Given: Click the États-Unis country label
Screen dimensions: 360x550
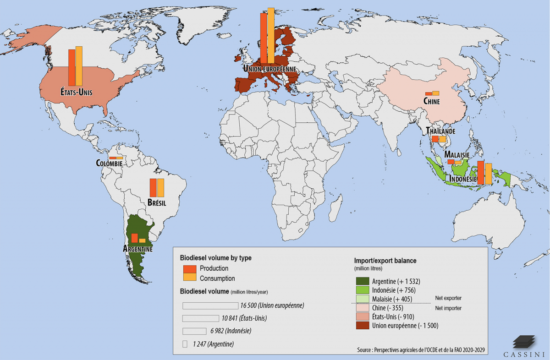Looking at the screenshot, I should coord(76,92).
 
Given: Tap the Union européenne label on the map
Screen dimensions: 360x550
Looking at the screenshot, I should coord(269,69).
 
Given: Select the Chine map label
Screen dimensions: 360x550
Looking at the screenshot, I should coord(431,101).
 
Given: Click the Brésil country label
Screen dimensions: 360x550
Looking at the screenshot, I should coord(157,202).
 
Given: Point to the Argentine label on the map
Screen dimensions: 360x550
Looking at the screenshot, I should coord(137,249).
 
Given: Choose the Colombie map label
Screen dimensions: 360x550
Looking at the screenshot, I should coord(109,163).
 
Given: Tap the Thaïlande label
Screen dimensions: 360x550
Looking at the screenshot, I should coord(440,131).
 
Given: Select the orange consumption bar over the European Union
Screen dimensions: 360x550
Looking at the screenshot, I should coord(271,35).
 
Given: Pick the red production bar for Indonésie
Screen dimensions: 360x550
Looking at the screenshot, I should coord(480,173).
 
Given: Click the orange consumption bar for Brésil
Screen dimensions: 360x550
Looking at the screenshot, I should coord(160,187).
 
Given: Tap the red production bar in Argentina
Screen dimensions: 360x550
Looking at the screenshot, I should coord(135,238).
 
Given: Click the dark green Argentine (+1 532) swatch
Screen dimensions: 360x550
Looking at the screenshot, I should coord(363,281).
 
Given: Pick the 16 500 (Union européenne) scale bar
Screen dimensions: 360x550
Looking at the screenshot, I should coord(210,305).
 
